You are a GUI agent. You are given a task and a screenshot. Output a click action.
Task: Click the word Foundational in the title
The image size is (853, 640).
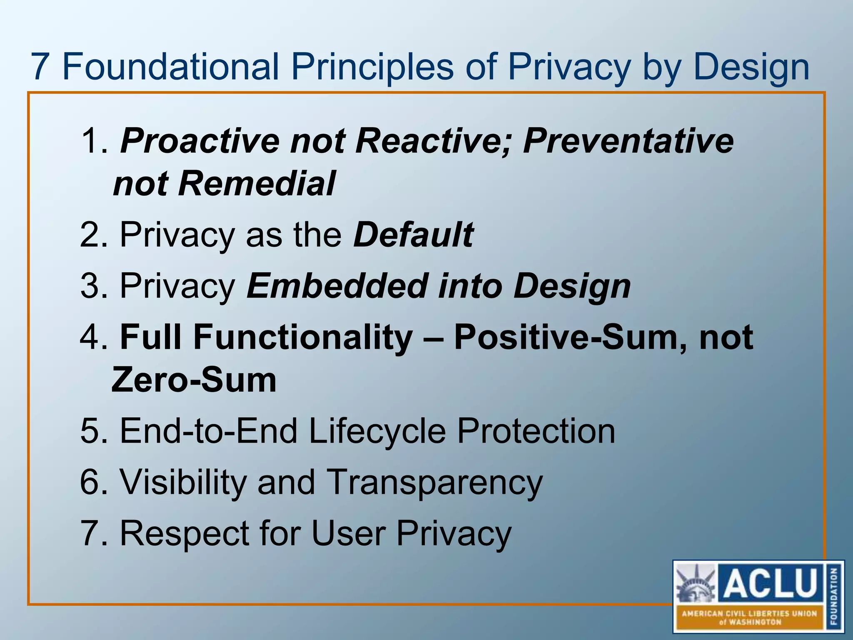pyautogui.click(x=171, y=67)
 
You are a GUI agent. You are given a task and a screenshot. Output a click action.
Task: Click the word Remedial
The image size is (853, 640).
pyautogui.click(x=257, y=184)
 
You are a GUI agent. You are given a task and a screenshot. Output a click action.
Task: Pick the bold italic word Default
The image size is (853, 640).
pyautogui.click(x=413, y=235)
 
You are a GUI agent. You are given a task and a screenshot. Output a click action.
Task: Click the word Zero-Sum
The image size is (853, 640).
pyautogui.click(x=194, y=380)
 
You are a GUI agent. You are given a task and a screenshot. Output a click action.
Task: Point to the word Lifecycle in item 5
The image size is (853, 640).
pyautogui.click(x=377, y=431)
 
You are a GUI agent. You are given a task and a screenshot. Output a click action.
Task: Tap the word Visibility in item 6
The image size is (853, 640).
pyautogui.click(x=183, y=482)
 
